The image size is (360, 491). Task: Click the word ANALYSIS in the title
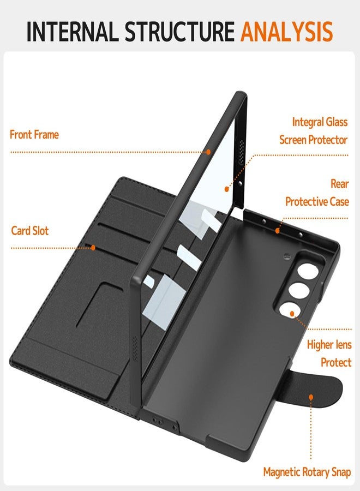tap(286, 31)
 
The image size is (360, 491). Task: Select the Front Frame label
tap(34, 134)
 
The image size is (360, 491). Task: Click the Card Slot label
tap(30, 231)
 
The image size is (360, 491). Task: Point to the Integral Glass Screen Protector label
tap(313, 130)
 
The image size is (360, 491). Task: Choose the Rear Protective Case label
tap(316, 193)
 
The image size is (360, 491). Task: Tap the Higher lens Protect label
tap(329, 354)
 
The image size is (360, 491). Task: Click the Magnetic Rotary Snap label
tap(307, 472)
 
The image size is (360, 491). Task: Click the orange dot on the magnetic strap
tap(311, 399)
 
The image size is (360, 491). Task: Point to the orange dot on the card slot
tap(93, 247)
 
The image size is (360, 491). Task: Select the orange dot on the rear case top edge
tap(277, 231)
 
